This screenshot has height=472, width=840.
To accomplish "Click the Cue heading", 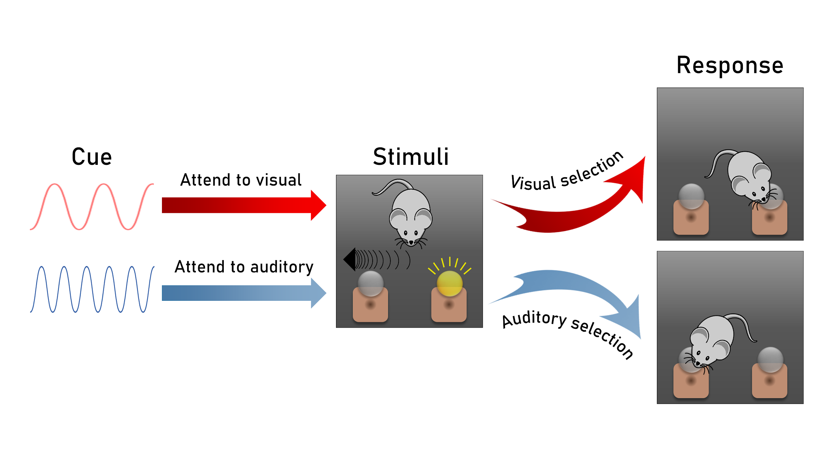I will (92, 157).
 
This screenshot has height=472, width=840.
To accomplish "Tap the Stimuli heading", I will (411, 157).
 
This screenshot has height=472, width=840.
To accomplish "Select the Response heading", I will (730, 65).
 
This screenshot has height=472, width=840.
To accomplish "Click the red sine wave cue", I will (92, 206).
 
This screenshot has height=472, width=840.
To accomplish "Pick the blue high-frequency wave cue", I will (92, 289).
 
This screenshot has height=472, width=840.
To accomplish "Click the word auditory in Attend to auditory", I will (282, 267).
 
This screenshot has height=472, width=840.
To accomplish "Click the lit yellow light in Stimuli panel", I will (450, 284).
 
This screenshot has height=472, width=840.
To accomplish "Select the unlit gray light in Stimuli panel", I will (371, 284).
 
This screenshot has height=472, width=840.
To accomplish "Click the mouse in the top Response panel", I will (748, 176).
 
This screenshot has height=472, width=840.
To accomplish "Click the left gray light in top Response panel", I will (691, 196).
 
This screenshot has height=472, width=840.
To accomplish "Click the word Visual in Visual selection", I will (533, 183).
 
